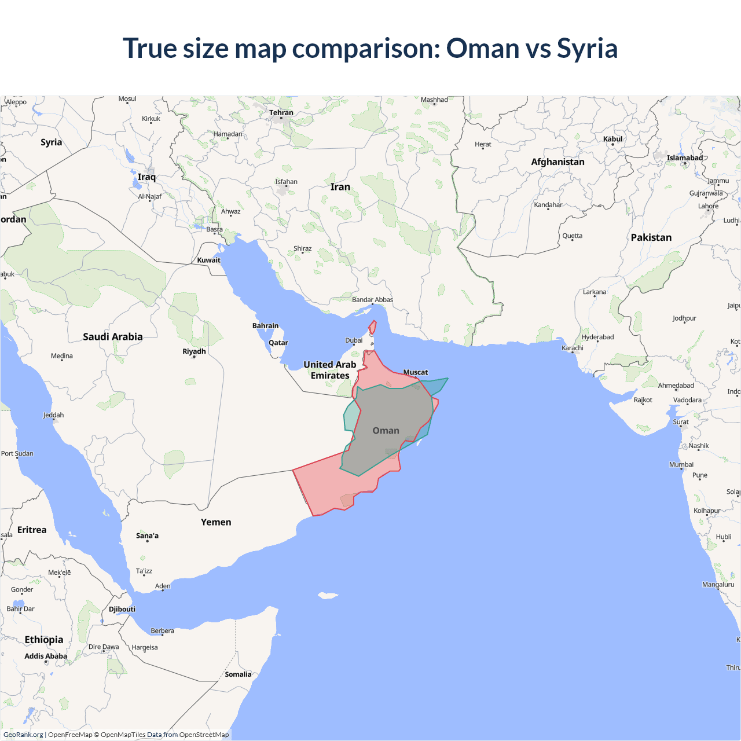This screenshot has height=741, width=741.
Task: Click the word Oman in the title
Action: click(482, 49)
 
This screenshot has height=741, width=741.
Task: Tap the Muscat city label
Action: click(415, 372)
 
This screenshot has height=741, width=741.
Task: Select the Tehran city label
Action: click(281, 113)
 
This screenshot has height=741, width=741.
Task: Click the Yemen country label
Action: click(216, 522)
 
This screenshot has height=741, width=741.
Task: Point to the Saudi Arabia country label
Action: click(112, 337)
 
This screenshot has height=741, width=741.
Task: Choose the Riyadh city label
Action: click(194, 351)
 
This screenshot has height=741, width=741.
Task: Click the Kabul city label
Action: click(612, 139)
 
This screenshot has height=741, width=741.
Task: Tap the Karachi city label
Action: click(573, 348)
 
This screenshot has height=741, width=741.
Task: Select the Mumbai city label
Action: click(681, 464)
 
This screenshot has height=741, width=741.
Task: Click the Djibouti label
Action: click(122, 609)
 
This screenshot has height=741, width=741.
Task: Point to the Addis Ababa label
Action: click(46, 656)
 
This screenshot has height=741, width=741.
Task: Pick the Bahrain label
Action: click(265, 326)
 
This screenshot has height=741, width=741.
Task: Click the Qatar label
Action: click(278, 343)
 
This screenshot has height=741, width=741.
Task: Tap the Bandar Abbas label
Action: click(372, 300)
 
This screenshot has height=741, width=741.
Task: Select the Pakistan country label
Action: click(651, 237)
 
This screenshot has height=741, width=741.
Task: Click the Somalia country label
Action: click(238, 674)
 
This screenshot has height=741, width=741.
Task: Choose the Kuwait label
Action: click(208, 261)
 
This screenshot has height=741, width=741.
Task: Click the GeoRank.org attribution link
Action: click(23, 735)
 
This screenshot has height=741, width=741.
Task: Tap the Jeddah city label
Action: click(53, 415)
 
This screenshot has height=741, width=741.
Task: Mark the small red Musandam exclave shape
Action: click(372, 328)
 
